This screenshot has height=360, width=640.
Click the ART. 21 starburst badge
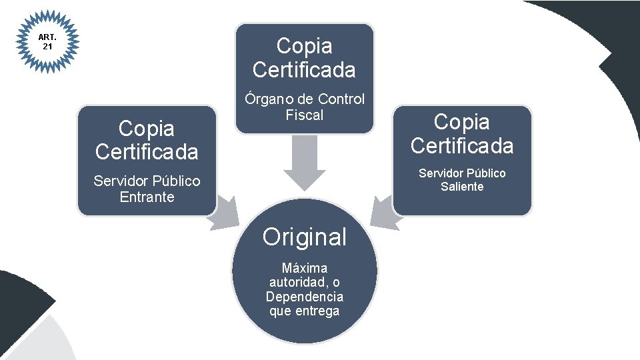[x=47, y=42]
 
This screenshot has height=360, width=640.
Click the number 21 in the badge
[x=47, y=47]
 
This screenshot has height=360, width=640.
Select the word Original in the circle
[x=305, y=237]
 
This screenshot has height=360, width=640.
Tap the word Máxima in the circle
[x=305, y=268]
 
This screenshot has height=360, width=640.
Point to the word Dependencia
[x=305, y=297]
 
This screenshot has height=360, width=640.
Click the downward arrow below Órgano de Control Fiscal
[x=305, y=163]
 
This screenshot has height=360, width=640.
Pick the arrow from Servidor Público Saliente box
[x=384, y=213]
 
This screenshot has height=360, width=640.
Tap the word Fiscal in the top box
[x=305, y=115]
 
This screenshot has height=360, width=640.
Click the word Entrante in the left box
[x=147, y=197]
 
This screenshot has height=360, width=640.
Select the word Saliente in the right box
[x=462, y=187]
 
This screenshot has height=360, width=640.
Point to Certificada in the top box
[x=305, y=69]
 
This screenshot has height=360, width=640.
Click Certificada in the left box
[x=147, y=152]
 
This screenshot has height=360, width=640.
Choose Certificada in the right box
[x=462, y=145]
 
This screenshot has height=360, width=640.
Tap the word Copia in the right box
[x=462, y=122]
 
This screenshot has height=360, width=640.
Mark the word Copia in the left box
[x=147, y=128]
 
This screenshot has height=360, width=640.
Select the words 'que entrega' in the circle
[x=305, y=311]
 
